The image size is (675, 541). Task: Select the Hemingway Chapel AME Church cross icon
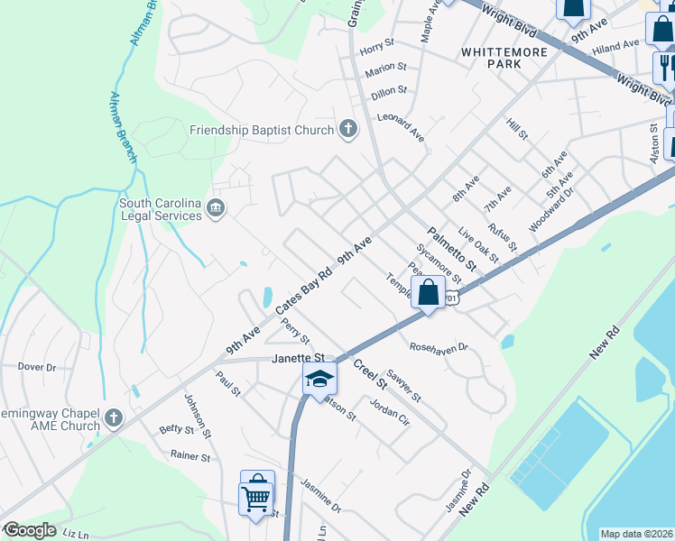[x=113, y=417]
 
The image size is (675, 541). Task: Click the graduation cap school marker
[x=319, y=379]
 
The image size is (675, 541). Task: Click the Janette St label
[x=298, y=359]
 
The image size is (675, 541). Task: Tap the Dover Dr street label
[x=37, y=367]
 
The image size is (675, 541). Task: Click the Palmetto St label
[x=450, y=250]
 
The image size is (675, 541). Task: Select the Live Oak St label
[x=477, y=244]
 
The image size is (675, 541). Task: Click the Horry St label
[x=377, y=42]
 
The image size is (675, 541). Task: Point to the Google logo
[x=30, y=530]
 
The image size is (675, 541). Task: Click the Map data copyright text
[x=635, y=534]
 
